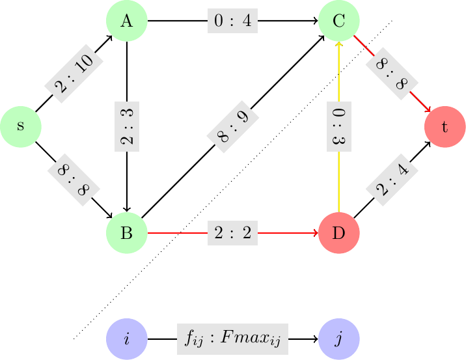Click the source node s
point(21,126)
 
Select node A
point(127,21)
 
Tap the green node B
point(127,232)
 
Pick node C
point(338,21)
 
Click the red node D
point(338,232)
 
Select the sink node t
point(445,126)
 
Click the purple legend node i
point(127,339)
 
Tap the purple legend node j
point(338,339)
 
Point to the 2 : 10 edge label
point(74,74)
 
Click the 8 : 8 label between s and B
point(74,180)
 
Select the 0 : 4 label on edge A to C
point(233,21)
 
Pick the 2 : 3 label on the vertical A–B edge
point(127,126)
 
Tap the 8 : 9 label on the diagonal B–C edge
point(233,126)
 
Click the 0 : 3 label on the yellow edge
point(338,126)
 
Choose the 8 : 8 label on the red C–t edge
point(392,74)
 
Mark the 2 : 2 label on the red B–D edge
point(233,232)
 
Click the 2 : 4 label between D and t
point(392,180)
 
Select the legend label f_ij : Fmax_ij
point(233,339)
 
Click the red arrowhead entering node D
point(315,232)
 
